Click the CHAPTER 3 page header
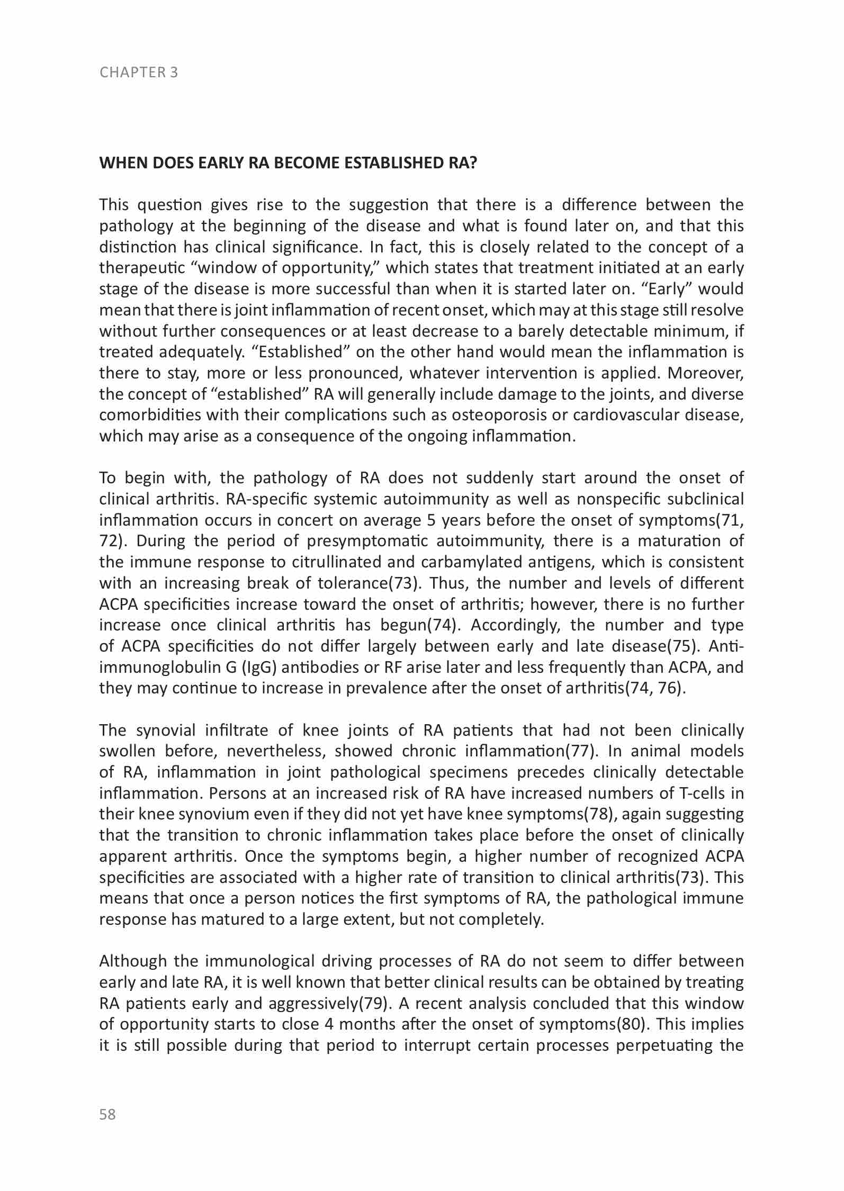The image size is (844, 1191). pyautogui.click(x=139, y=72)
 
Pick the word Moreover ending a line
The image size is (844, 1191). pyautogui.click(x=705, y=373)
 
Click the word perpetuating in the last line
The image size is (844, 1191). pyautogui.click(x=665, y=1046)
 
